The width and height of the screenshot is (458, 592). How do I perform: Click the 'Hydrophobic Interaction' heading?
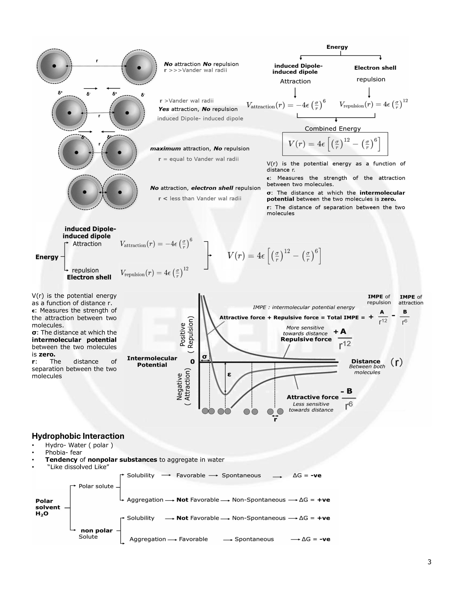point(78,436)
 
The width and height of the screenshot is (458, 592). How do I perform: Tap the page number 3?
point(429,562)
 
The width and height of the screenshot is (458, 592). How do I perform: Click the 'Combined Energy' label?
point(333,129)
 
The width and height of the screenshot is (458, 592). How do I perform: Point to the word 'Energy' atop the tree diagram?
point(337,47)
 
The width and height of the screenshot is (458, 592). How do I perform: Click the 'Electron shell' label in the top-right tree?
point(375,68)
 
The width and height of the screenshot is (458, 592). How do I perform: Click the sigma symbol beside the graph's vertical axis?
point(205,356)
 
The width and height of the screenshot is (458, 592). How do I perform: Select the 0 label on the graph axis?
point(192,362)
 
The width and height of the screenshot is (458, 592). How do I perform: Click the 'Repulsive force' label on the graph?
point(306,339)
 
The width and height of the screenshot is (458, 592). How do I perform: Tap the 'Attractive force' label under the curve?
point(313,397)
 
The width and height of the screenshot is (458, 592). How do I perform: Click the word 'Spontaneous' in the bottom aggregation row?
point(254,539)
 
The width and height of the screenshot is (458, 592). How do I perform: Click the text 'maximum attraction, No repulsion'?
point(200,149)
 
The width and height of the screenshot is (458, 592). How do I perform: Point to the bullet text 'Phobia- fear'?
point(63,452)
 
